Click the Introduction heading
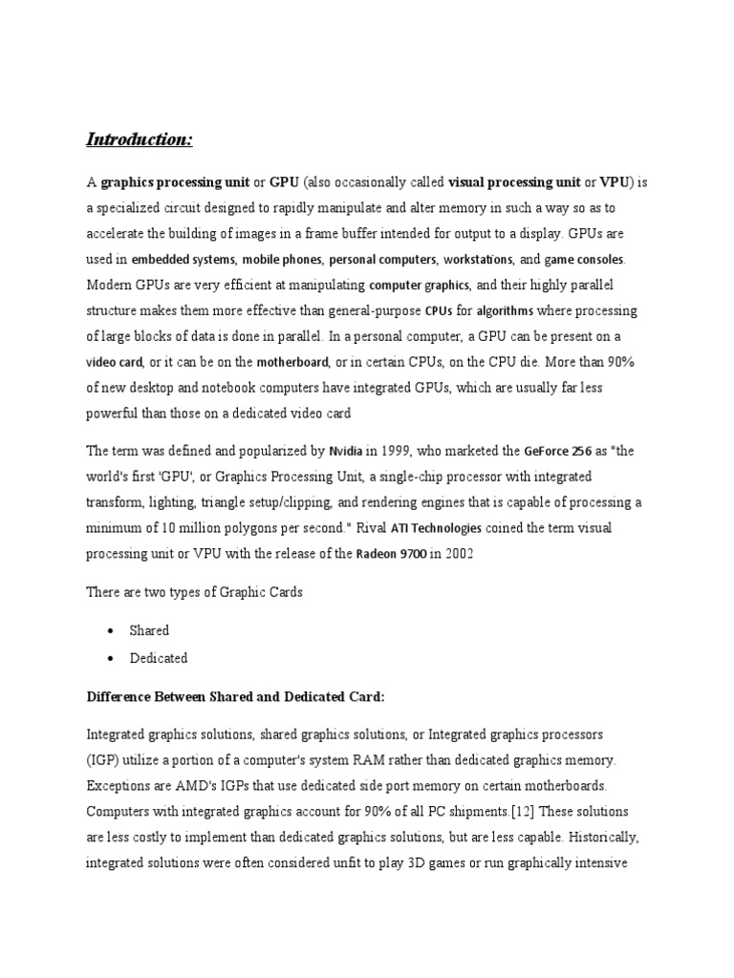coord(140,139)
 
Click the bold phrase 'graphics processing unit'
coord(176,181)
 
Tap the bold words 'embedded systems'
coord(183,259)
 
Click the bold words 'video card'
coord(115,362)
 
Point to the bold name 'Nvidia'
coord(345,451)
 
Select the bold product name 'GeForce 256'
coord(558,451)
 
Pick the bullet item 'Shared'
coord(149,630)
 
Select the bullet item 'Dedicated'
coord(159,658)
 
